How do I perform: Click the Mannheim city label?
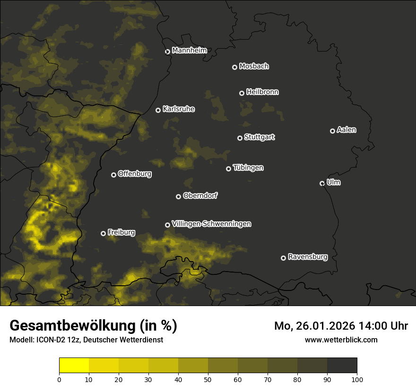[189, 51]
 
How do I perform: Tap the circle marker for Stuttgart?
[240, 138]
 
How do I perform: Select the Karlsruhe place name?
[178, 109]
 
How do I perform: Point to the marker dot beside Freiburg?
[103, 233]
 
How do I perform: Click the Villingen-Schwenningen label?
[211, 224]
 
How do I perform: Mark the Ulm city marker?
[322, 183]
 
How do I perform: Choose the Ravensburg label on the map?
[307, 257]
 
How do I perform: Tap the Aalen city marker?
[332, 131]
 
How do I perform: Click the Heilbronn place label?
[262, 92]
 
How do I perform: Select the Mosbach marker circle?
[234, 67]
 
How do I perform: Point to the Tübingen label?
[248, 168]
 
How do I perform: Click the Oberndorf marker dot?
[178, 196]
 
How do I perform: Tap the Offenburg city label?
[135, 174]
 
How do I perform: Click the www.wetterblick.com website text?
[341, 340]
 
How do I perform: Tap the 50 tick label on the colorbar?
[208, 379]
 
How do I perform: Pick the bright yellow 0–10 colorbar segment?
[74, 366]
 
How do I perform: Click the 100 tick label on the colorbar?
[357, 379]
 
